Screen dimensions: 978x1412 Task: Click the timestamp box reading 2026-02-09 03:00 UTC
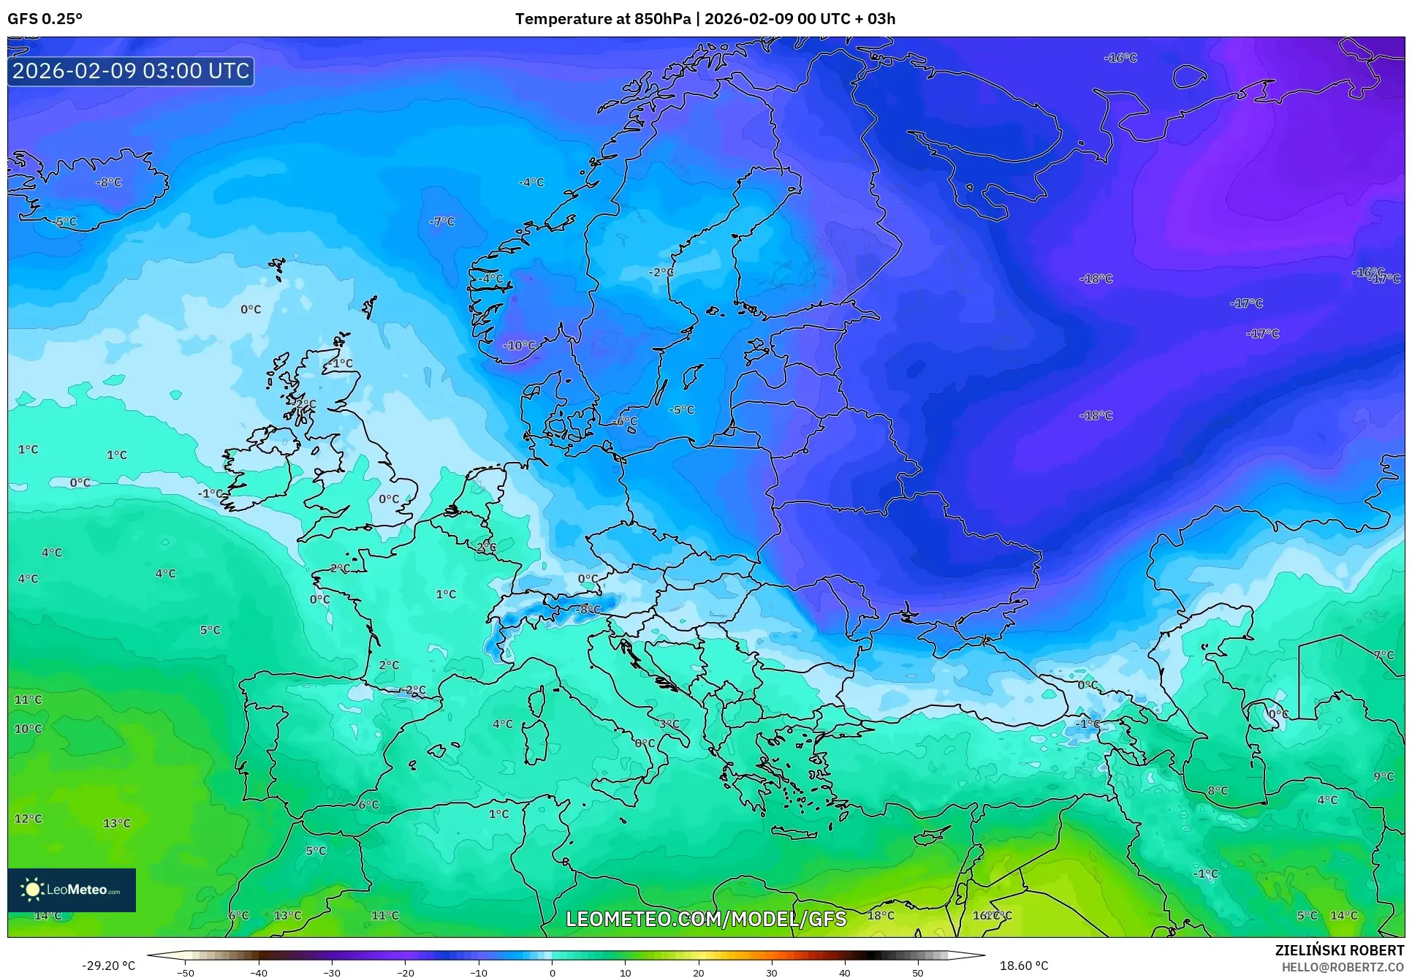tap(131, 71)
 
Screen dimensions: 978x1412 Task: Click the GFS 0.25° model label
tap(45, 18)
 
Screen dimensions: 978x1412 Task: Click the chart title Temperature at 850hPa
tap(602, 18)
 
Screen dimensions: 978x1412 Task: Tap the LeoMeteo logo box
tap(72, 890)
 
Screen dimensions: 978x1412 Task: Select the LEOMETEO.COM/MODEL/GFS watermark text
tap(706, 919)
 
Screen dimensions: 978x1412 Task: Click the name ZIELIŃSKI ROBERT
tap(1339, 950)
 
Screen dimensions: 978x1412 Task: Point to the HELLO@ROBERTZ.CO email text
tap(1343, 967)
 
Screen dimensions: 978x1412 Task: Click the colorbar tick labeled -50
tap(186, 973)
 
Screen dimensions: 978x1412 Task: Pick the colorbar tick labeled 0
tap(552, 973)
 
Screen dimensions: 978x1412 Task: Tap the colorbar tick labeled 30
tap(772, 973)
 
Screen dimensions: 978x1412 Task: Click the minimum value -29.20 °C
tap(108, 966)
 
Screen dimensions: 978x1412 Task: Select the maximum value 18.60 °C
tap(1023, 966)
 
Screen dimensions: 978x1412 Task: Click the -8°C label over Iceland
tap(109, 182)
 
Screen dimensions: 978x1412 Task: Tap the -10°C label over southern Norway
tap(519, 345)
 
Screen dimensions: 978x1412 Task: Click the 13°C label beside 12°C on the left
tap(117, 823)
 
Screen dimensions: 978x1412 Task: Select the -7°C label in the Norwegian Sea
tap(441, 221)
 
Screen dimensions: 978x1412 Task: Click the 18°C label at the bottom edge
tap(881, 915)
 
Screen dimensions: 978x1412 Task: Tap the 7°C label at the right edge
tap(1383, 655)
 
